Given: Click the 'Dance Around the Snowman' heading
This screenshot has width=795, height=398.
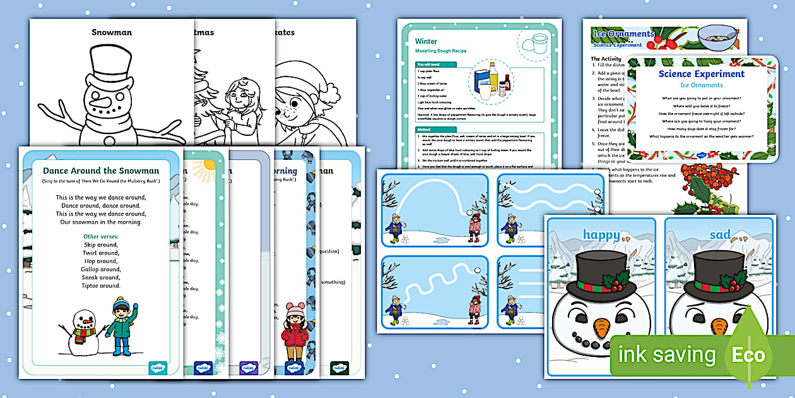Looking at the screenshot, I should point(101,171).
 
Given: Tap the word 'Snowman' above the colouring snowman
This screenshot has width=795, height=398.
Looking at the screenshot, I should point(112,32).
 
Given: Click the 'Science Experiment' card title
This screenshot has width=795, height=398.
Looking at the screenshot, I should point(701,74).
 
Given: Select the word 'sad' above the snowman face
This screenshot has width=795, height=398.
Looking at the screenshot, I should point(719,235).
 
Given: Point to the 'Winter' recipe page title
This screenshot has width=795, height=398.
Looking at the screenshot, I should point(426,42).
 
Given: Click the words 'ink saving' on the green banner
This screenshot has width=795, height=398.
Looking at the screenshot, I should point(667,355).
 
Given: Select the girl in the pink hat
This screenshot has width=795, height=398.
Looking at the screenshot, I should point(295,331).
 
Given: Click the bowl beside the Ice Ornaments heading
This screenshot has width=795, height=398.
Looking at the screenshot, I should point(718,37).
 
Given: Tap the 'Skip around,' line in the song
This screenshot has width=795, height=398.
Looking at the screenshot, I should point(100,244).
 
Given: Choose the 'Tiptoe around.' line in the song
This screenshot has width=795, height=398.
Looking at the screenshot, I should point(101,286).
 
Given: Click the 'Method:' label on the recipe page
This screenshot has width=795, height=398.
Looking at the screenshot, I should point(424,129).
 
